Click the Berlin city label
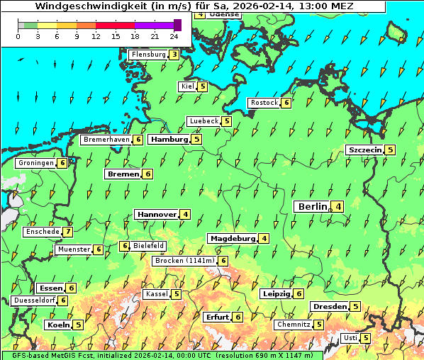point(312,207)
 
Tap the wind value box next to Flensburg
point(174,54)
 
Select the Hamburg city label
point(169,140)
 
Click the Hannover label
point(157,214)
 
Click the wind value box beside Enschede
point(67,232)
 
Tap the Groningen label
point(36,163)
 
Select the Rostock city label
point(264,103)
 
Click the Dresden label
point(329,307)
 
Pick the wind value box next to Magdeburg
point(264,238)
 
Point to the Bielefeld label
point(148,246)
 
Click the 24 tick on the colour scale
point(174,35)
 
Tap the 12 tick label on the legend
point(96,35)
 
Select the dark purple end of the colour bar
point(177,25)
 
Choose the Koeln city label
point(57,325)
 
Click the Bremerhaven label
point(106,140)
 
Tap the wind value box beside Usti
point(366,338)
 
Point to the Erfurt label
point(217,317)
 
